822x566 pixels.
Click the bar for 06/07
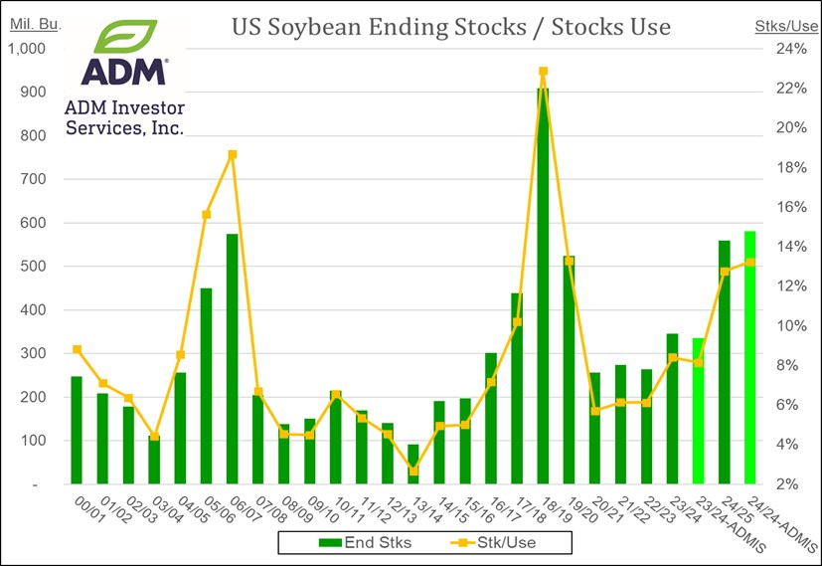tap(232, 359)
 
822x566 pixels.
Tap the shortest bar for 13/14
tap(413, 465)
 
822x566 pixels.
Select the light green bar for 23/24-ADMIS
tap(698, 411)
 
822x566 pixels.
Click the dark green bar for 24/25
tap(724, 362)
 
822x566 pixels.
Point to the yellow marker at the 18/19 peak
tap(543, 72)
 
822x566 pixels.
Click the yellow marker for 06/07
tap(232, 154)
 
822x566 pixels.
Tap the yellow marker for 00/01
tap(77, 349)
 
